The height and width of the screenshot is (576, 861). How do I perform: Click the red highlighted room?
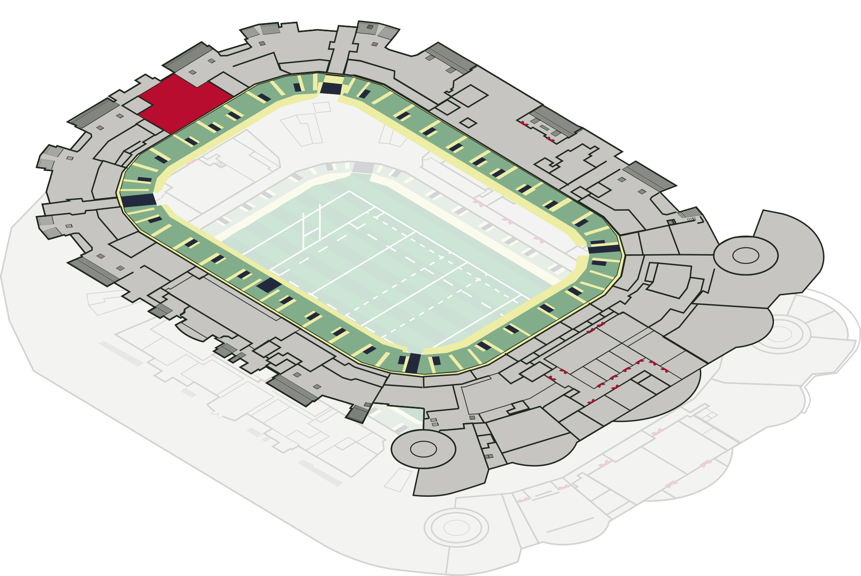pyautogui.click(x=183, y=104)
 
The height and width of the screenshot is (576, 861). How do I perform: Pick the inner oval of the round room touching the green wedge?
pyautogui.click(x=423, y=449)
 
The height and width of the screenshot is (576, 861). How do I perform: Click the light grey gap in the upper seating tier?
pyautogui.click(x=535, y=222)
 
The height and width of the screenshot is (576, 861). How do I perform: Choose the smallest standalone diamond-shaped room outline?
pyautogui.click(x=468, y=123)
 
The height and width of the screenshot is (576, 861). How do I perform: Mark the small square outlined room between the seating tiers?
pyautogui.click(x=322, y=107)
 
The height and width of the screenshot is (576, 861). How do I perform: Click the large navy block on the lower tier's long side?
pyautogui.click(x=269, y=285)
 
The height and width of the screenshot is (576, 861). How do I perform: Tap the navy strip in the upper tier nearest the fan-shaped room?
pyautogui.click(x=603, y=249)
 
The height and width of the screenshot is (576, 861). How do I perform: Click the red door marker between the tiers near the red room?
pyautogui.click(x=191, y=162)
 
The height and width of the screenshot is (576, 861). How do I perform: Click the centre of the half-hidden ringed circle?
pyautogui.click(x=779, y=334)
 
